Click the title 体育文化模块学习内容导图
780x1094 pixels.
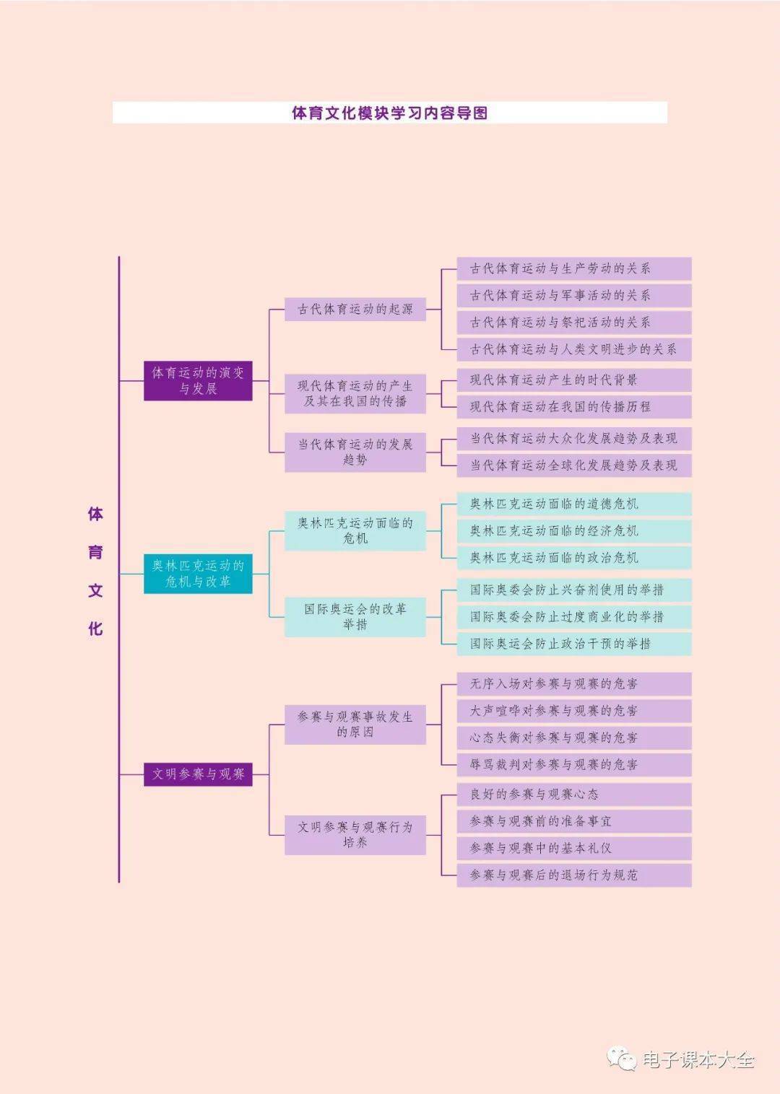tap(389, 113)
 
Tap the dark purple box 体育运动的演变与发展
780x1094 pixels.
tap(198, 381)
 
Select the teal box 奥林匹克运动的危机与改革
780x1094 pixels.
tap(198, 574)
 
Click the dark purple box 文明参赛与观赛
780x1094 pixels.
tap(198, 774)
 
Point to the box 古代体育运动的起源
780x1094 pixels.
tap(355, 310)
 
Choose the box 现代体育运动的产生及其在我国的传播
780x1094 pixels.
tap(355, 393)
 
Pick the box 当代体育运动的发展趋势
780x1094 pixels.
tap(355, 452)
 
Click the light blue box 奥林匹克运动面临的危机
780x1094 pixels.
tap(355, 530)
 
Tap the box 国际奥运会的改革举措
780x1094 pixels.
tap(355, 617)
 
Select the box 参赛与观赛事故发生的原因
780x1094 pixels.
tap(355, 725)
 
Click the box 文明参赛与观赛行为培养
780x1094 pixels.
tap(355, 835)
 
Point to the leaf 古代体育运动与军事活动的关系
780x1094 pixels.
tap(573, 296)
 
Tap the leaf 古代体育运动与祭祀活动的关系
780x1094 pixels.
tap(573, 323)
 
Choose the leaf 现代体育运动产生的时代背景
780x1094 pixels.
tap(573, 380)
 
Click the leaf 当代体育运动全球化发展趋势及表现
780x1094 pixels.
tap(573, 465)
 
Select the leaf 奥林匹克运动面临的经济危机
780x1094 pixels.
tap(573, 531)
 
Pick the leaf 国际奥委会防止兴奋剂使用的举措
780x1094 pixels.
tap(573, 590)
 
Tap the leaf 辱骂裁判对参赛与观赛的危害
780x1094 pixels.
tap(573, 765)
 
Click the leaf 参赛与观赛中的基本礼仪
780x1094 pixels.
tap(573, 849)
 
